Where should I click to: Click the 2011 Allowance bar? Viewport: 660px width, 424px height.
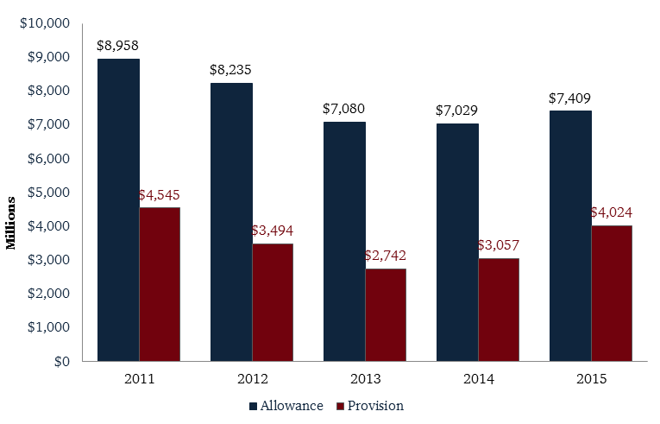coord(118,209)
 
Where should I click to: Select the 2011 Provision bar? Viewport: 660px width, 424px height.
coord(160,284)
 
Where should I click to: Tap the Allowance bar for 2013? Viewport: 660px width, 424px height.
coord(344,241)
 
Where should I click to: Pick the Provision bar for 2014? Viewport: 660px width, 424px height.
coord(499,309)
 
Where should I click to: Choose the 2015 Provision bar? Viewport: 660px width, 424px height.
coord(612,293)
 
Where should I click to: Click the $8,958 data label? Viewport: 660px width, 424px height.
coord(118,46)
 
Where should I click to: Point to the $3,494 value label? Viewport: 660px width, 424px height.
coord(273,231)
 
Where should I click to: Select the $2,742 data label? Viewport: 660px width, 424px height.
coord(386,256)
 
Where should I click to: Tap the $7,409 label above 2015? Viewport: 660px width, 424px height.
coord(569,98)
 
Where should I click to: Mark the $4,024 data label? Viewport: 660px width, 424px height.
coord(612,212)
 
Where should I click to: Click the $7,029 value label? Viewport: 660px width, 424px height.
coord(456,111)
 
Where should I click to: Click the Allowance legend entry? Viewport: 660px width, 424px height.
coord(286,405)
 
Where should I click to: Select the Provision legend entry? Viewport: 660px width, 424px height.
coord(370,405)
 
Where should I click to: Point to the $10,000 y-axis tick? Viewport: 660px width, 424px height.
coord(44,22)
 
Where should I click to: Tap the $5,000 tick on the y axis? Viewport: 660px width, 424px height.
coord(47,192)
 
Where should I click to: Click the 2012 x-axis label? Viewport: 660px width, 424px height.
coord(252,378)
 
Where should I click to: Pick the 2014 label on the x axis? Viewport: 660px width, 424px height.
coord(477,378)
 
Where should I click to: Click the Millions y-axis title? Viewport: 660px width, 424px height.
coord(11,224)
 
